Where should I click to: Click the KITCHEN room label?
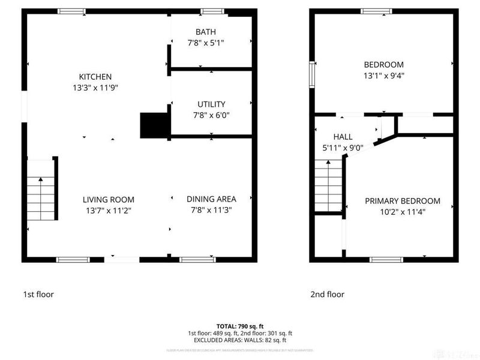pos(95,77)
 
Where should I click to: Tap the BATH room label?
pos(206,32)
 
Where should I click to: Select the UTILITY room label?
pos(211,104)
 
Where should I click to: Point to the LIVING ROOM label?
pos(109,200)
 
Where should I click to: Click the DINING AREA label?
pos(211,199)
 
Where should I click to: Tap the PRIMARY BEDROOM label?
pos(403,201)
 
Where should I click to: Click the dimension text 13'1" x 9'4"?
pos(383,76)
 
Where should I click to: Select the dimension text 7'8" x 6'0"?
pos(211,115)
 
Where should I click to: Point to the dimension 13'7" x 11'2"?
pos(108,210)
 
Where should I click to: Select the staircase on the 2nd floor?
pos(328,189)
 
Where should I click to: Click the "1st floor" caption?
pos(40,295)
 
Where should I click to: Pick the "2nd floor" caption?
pos(327,295)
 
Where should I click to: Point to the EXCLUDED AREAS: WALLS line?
pos(239,340)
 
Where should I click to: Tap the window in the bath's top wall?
pos(212,11)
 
